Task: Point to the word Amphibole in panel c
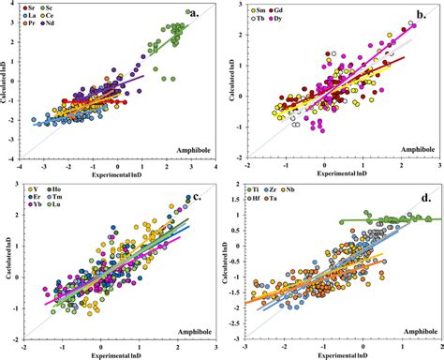186,338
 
